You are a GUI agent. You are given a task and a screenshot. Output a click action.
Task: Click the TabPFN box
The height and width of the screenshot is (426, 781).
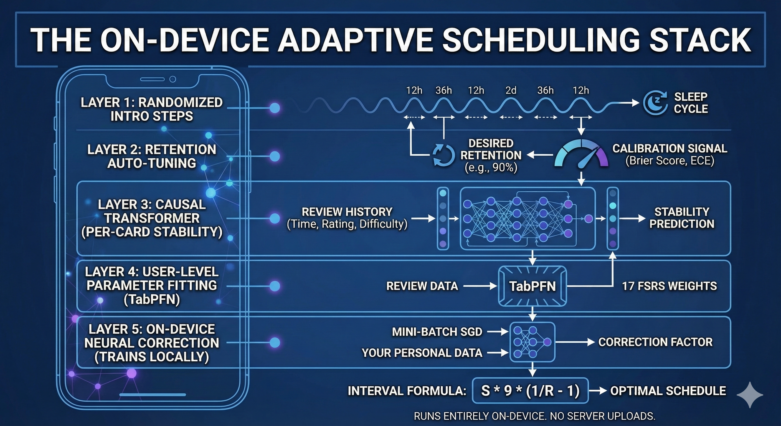click(x=532, y=286)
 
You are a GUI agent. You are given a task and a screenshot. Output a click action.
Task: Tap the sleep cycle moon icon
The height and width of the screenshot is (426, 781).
click(x=655, y=103)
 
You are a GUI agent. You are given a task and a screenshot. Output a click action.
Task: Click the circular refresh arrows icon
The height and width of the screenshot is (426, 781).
click(x=443, y=155)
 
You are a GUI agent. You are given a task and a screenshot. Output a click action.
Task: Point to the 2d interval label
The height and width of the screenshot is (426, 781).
click(x=511, y=90)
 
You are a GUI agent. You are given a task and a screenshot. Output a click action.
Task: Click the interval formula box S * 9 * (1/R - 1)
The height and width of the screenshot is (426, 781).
click(x=530, y=390)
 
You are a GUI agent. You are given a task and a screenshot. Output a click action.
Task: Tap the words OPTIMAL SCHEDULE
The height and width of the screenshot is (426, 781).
click(x=668, y=390)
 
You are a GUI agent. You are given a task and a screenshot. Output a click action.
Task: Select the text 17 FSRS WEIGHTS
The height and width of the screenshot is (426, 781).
click(x=670, y=286)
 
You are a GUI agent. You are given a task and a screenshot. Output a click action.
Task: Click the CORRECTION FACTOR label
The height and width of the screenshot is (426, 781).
click(x=655, y=342)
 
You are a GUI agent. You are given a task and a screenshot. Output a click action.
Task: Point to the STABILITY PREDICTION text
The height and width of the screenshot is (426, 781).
click(x=681, y=218)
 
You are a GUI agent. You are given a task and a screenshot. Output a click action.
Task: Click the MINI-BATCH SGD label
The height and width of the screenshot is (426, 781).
click(x=437, y=332)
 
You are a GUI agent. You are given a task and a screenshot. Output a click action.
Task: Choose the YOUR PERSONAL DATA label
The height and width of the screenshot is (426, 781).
click(x=422, y=353)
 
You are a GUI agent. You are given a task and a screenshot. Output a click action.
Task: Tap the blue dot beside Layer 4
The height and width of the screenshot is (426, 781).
click(x=275, y=286)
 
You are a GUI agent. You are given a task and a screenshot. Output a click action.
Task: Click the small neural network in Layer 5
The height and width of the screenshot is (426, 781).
click(x=532, y=342)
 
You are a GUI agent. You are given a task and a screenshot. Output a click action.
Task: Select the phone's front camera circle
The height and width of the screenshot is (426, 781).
click(x=173, y=79)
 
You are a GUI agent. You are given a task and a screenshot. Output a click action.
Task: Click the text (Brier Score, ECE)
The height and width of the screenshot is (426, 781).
click(x=670, y=161)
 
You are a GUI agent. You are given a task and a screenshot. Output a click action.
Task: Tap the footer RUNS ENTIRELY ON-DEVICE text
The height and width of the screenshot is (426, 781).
click(x=534, y=416)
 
